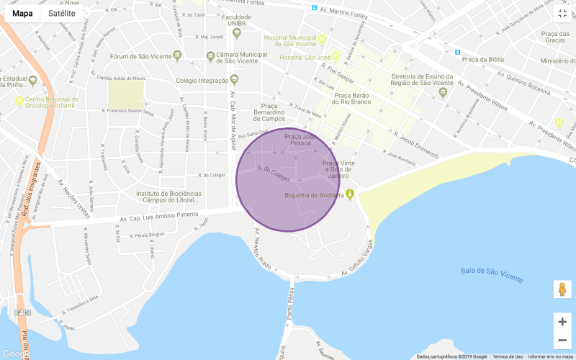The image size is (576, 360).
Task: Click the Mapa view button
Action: pos(22,12)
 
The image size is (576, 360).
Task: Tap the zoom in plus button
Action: pos(562,322)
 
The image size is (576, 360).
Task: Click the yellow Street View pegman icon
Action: pos(562,289)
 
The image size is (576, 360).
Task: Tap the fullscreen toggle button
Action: pos(562,13)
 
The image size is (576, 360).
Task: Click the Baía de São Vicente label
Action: pos(492,274)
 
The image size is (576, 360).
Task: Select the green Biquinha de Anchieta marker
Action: pos(350,194)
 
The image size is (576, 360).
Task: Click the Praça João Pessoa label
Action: pos(301,139)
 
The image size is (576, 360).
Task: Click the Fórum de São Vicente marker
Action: pos(177,56)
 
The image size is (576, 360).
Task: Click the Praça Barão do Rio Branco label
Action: pos(351,98)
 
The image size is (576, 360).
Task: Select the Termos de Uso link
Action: pos(508,356)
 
